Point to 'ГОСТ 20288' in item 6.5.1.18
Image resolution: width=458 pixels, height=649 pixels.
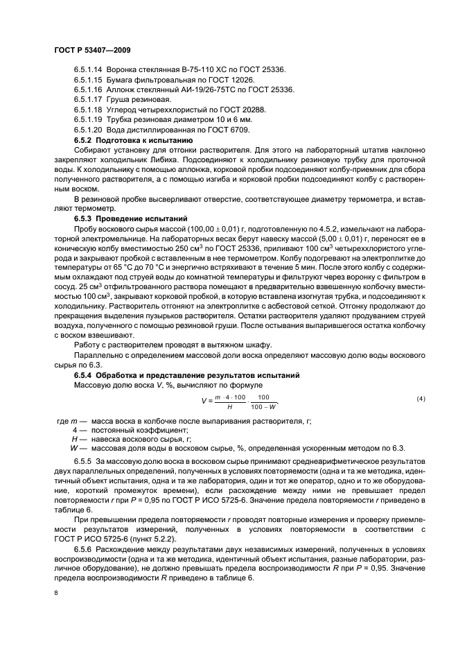pos(243,110)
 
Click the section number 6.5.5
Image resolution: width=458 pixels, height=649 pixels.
pos(83,461)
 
